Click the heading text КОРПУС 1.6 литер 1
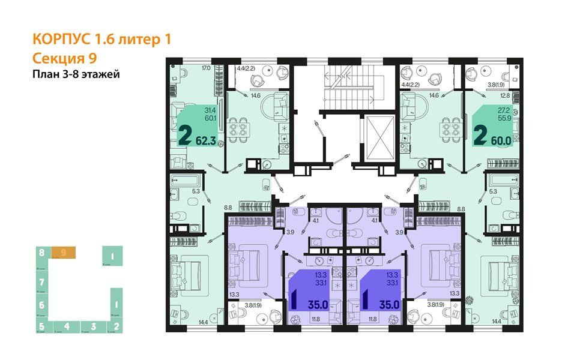[101, 40]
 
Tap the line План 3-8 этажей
[76, 75]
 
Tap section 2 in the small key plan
[116, 327]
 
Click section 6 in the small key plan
[41, 305]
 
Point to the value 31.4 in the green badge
[210, 110]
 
